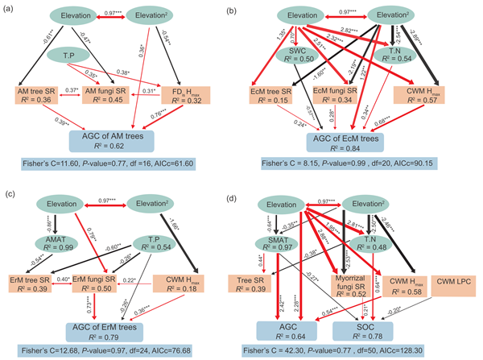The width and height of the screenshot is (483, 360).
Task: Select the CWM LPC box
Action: coord(454,284)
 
